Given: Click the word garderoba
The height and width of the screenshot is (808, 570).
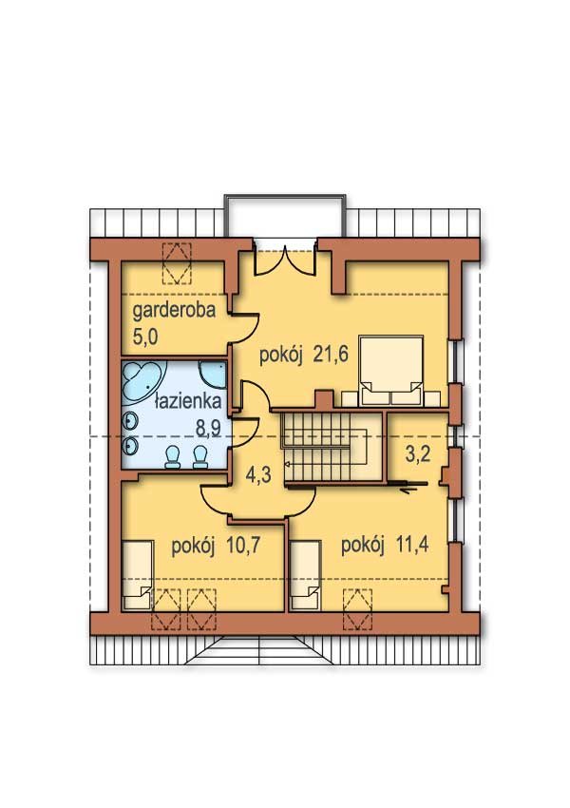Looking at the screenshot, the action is pos(174,311).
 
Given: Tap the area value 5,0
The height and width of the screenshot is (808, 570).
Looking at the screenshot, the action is pos(145,337).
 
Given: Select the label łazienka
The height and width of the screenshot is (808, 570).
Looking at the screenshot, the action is pos(188,401).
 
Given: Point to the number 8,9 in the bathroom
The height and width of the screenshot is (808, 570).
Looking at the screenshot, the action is pos(208,427).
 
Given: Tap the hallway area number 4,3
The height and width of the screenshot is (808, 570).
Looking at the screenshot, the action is pos(258,474).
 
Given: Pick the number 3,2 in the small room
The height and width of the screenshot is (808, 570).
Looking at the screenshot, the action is pos(418,455).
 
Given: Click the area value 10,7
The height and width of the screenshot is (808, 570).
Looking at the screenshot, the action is pos(241,546).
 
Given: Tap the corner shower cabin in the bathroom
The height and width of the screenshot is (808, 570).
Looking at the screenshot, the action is pos(212,375).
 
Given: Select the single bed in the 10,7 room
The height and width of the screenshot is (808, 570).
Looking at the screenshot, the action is pos(138,574).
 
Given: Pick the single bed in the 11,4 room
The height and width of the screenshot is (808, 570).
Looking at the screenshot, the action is pos(305,574).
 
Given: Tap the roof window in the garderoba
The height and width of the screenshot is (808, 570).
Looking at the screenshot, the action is pos(177,262).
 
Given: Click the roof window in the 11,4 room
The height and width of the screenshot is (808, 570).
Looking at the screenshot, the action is pos(357,609).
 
